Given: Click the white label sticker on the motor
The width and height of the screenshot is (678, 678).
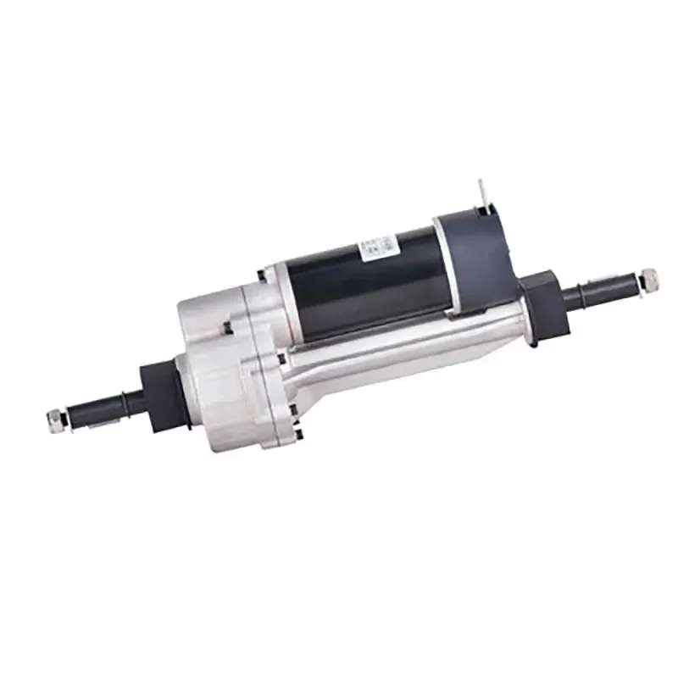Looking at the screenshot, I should [x=377, y=247].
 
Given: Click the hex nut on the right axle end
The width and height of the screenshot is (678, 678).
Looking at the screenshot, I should [x=649, y=276].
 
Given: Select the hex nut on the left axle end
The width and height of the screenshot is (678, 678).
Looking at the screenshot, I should [x=55, y=418].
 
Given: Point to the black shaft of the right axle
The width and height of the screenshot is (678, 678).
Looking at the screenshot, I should [x=593, y=292].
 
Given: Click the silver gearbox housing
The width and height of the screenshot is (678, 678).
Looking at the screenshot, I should [x=225, y=373].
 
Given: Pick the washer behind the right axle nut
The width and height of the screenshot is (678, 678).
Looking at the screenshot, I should [x=638, y=280].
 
